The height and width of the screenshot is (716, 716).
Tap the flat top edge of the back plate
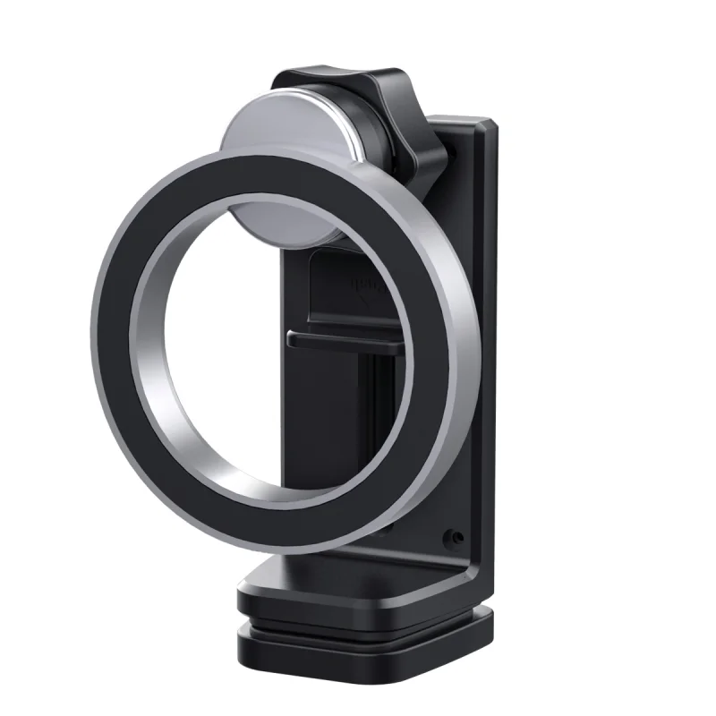pyautogui.click(x=461, y=116)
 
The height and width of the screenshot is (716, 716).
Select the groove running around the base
pyautogui.click(x=358, y=624)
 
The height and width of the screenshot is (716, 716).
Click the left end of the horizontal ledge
pyautogui.click(x=292, y=338)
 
